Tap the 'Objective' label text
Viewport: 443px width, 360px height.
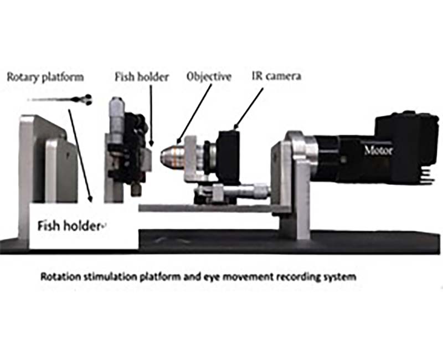pyautogui.click(x=208, y=76)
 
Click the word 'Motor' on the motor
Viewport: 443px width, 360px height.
pyautogui.click(x=378, y=150)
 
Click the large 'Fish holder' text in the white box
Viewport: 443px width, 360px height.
pyautogui.click(x=70, y=227)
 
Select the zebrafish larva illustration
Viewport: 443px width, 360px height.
pyautogui.click(x=61, y=100)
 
